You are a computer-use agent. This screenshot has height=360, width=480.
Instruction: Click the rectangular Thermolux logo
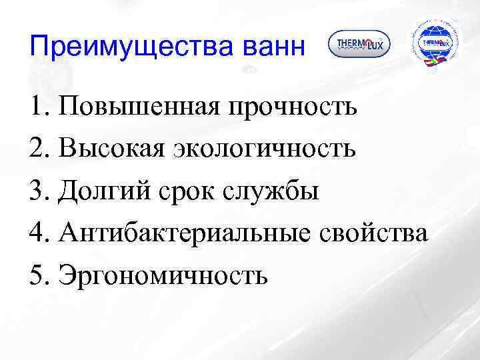(x=359, y=45)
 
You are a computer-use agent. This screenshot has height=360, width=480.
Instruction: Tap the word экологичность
(x=264, y=149)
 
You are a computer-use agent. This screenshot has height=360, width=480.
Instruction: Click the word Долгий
(x=106, y=191)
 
